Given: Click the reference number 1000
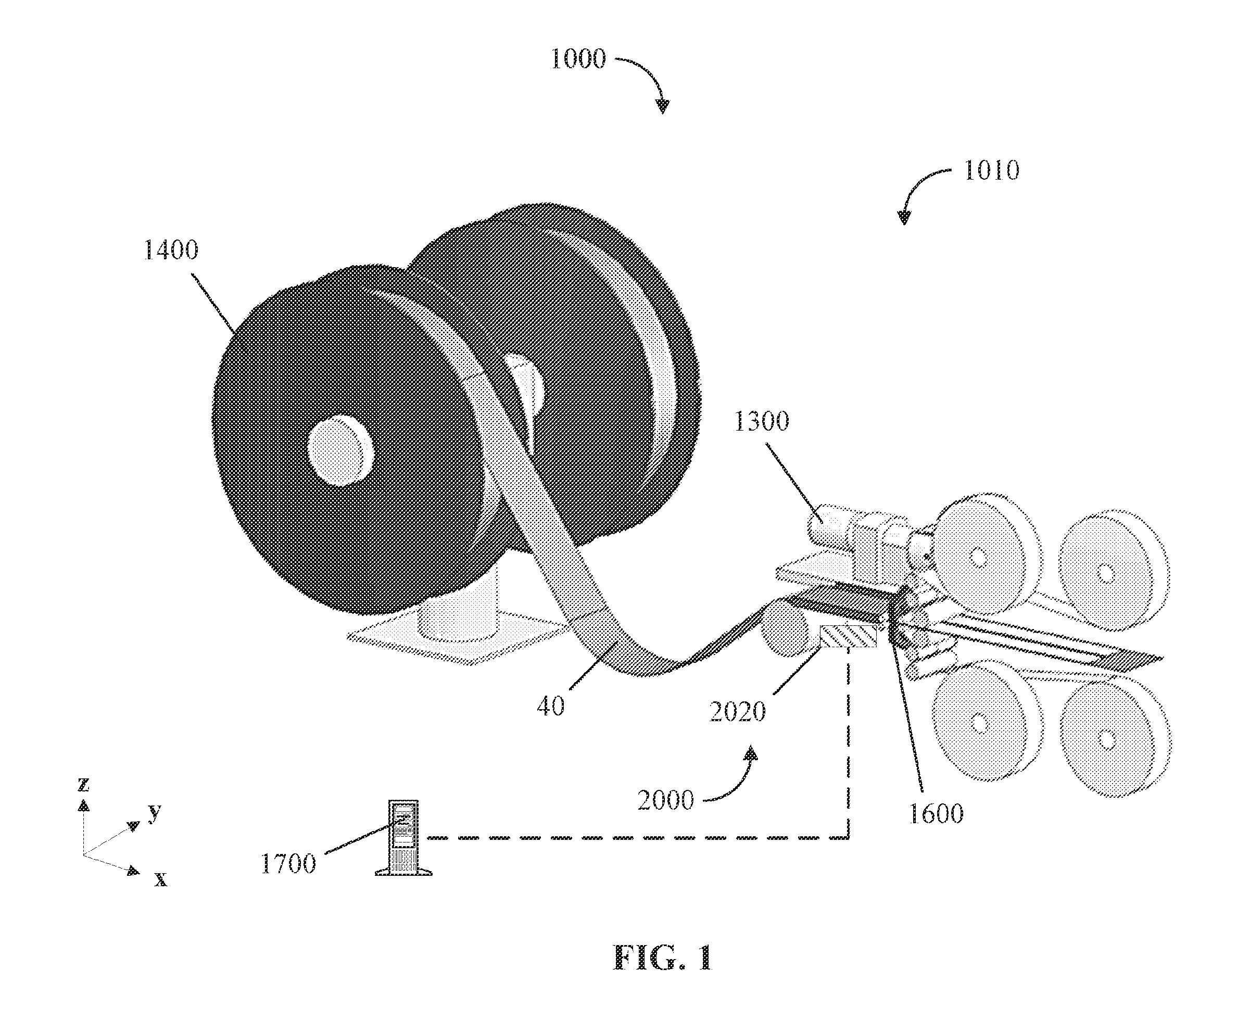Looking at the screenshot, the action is tap(578, 59).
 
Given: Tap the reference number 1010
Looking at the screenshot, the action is tap(992, 170).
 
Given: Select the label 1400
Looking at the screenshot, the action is tap(171, 250).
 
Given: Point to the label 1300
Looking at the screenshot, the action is tap(762, 421).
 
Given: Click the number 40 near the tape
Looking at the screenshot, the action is tap(550, 706).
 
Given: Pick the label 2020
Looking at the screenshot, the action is tap(738, 712).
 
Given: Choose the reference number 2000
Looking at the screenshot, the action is tap(665, 800).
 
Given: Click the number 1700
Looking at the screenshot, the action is tap(287, 864).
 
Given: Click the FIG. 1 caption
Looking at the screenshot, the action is tap(663, 959).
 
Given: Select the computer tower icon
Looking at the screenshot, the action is tap(403, 838).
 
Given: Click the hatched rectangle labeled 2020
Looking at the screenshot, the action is tap(848, 637).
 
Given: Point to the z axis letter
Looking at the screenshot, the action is tap(83, 784).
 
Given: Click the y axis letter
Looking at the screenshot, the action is tap(154, 812).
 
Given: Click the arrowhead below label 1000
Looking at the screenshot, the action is tap(663, 106).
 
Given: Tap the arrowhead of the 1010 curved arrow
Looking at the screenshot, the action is tap(904, 217).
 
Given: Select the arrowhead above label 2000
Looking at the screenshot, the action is tap(751, 753).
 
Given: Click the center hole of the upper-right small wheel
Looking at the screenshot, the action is tap(1104, 572).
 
